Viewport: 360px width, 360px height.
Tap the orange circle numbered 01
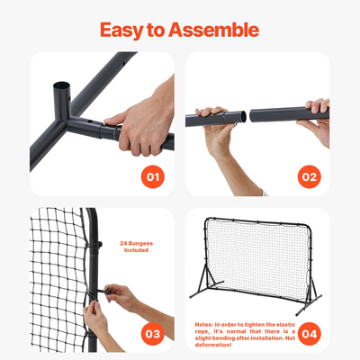coord(153,176)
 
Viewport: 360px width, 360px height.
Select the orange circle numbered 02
coord(309,176)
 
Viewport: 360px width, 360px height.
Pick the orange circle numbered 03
coord(153,334)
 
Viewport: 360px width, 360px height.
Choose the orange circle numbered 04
coord(309,334)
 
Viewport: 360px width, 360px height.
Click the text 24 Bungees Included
coord(135,246)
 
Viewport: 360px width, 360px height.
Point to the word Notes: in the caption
coord(204,321)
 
